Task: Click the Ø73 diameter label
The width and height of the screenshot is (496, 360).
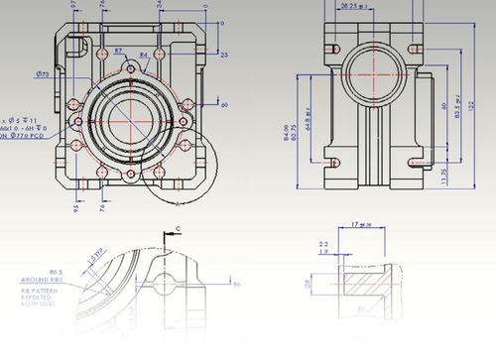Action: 43,74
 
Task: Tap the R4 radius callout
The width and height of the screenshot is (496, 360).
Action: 144,56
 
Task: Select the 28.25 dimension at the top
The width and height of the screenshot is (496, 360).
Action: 349,6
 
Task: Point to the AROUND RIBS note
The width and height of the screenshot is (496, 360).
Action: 41,280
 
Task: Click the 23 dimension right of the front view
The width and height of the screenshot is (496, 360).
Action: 223,54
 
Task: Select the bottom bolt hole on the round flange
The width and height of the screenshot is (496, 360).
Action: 131,175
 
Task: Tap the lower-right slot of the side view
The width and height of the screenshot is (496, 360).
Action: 417,159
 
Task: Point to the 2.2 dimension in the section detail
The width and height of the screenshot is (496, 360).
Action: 323,243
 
